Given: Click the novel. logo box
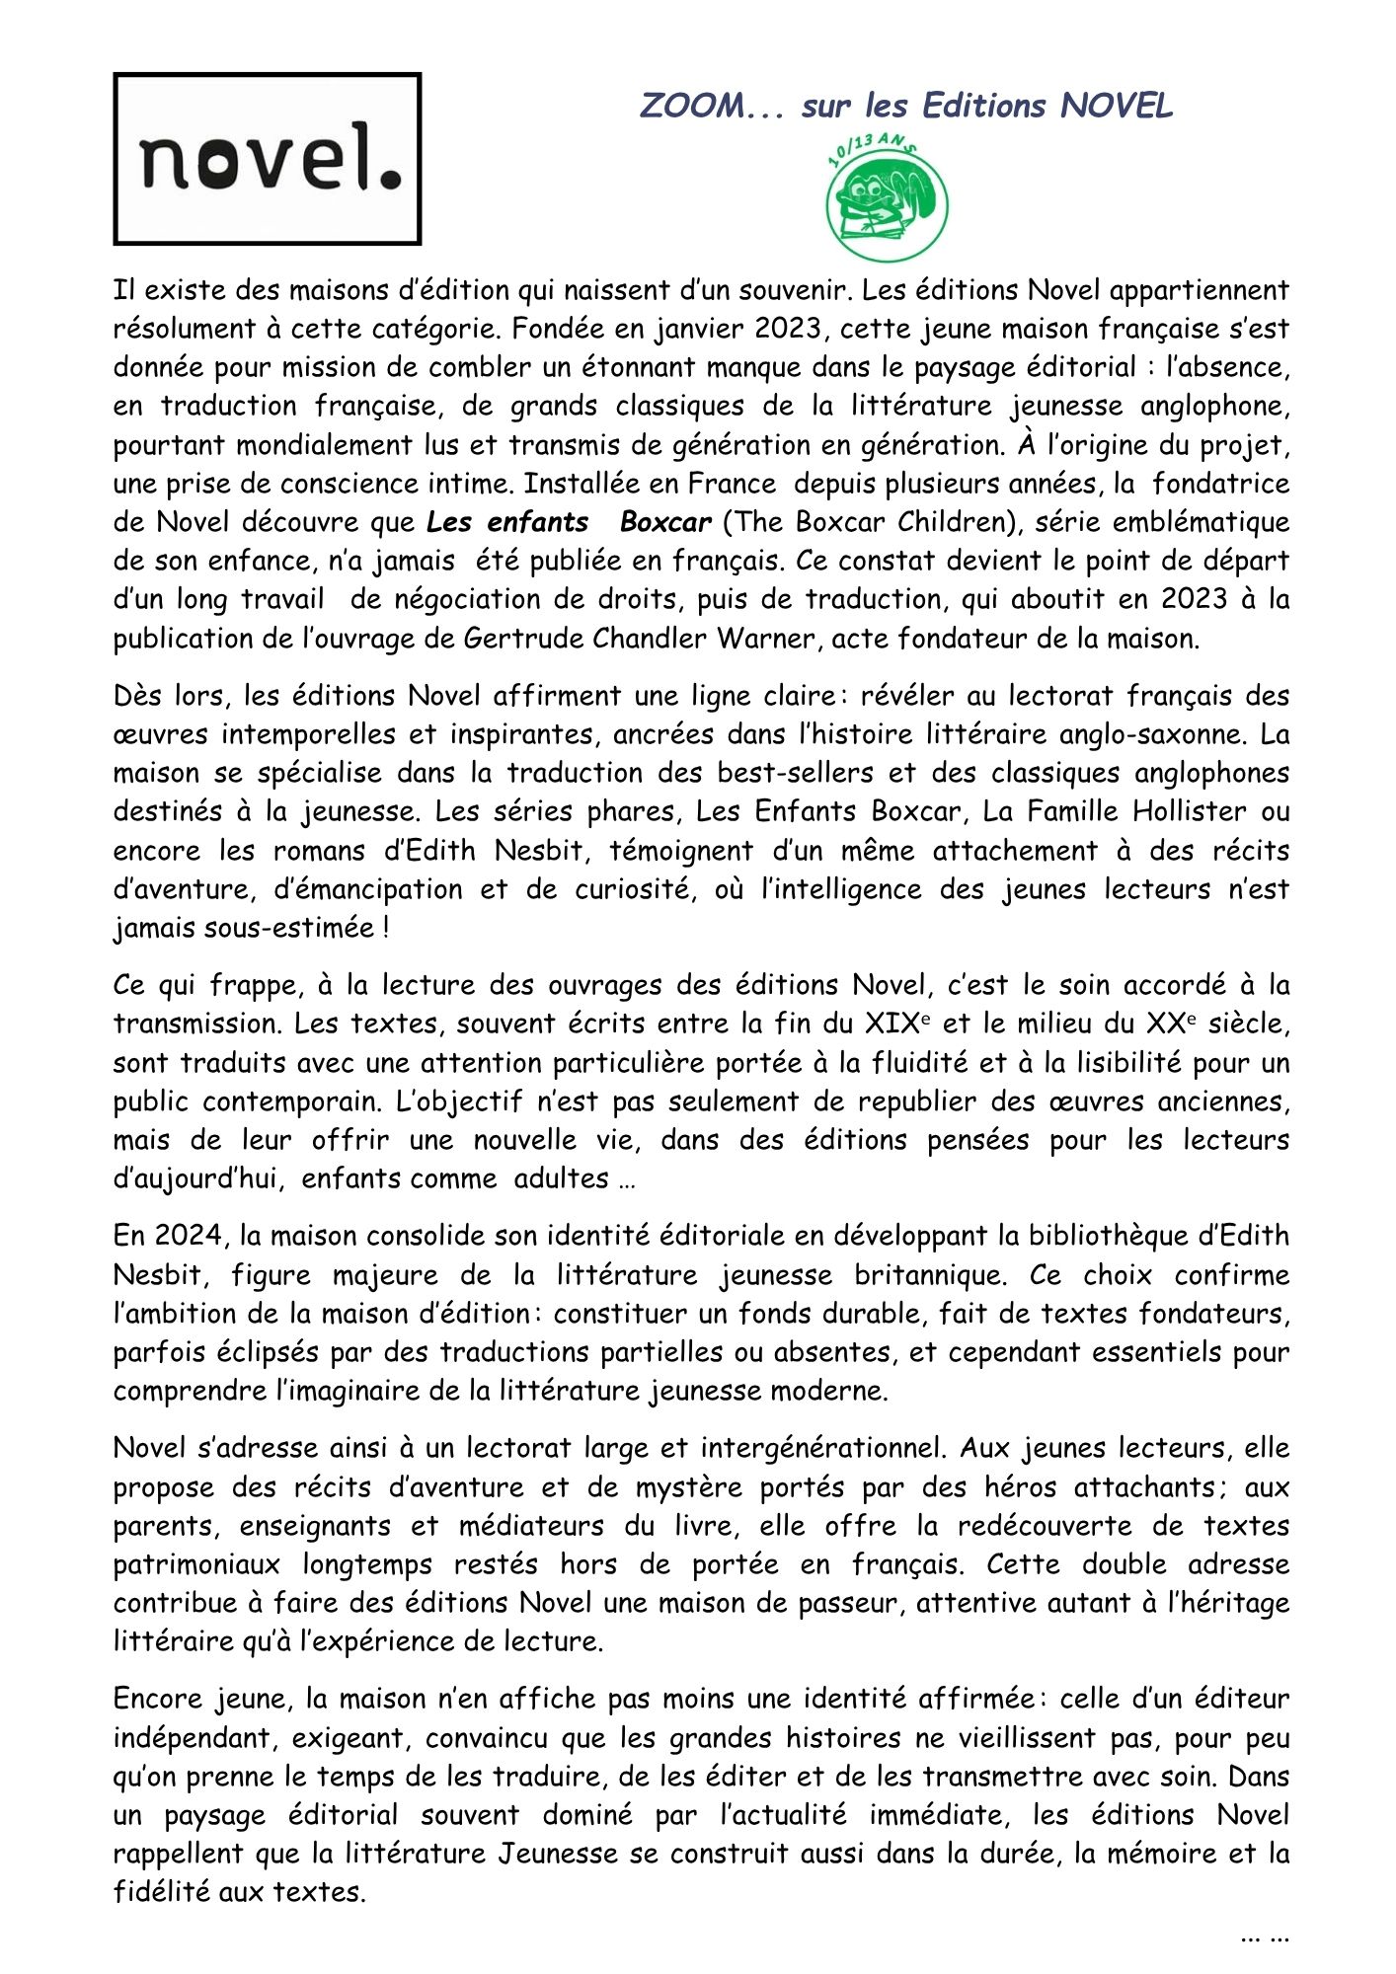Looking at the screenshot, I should point(267,159).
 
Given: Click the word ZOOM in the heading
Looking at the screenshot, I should point(691,106).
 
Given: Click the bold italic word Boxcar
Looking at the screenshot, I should point(665,522).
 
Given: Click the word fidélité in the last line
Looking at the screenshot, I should point(162,1893).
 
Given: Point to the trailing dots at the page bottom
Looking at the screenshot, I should point(1265,1936).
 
